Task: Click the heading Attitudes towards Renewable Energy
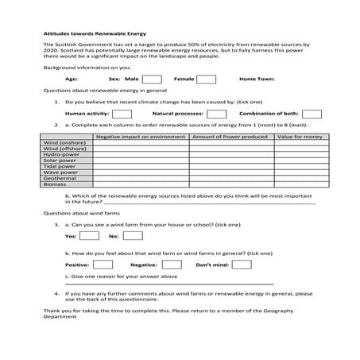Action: tap(83, 36)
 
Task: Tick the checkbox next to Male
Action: tap(153, 79)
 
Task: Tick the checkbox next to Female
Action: tap(207, 79)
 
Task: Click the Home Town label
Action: tap(257, 79)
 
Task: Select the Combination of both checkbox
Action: tap(311, 114)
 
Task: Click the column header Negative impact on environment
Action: tap(141, 137)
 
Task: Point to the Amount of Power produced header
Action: tap(230, 137)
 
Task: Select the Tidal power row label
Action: tap(60, 165)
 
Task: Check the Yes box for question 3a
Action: tap(90, 235)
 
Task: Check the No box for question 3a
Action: tap(133, 235)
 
